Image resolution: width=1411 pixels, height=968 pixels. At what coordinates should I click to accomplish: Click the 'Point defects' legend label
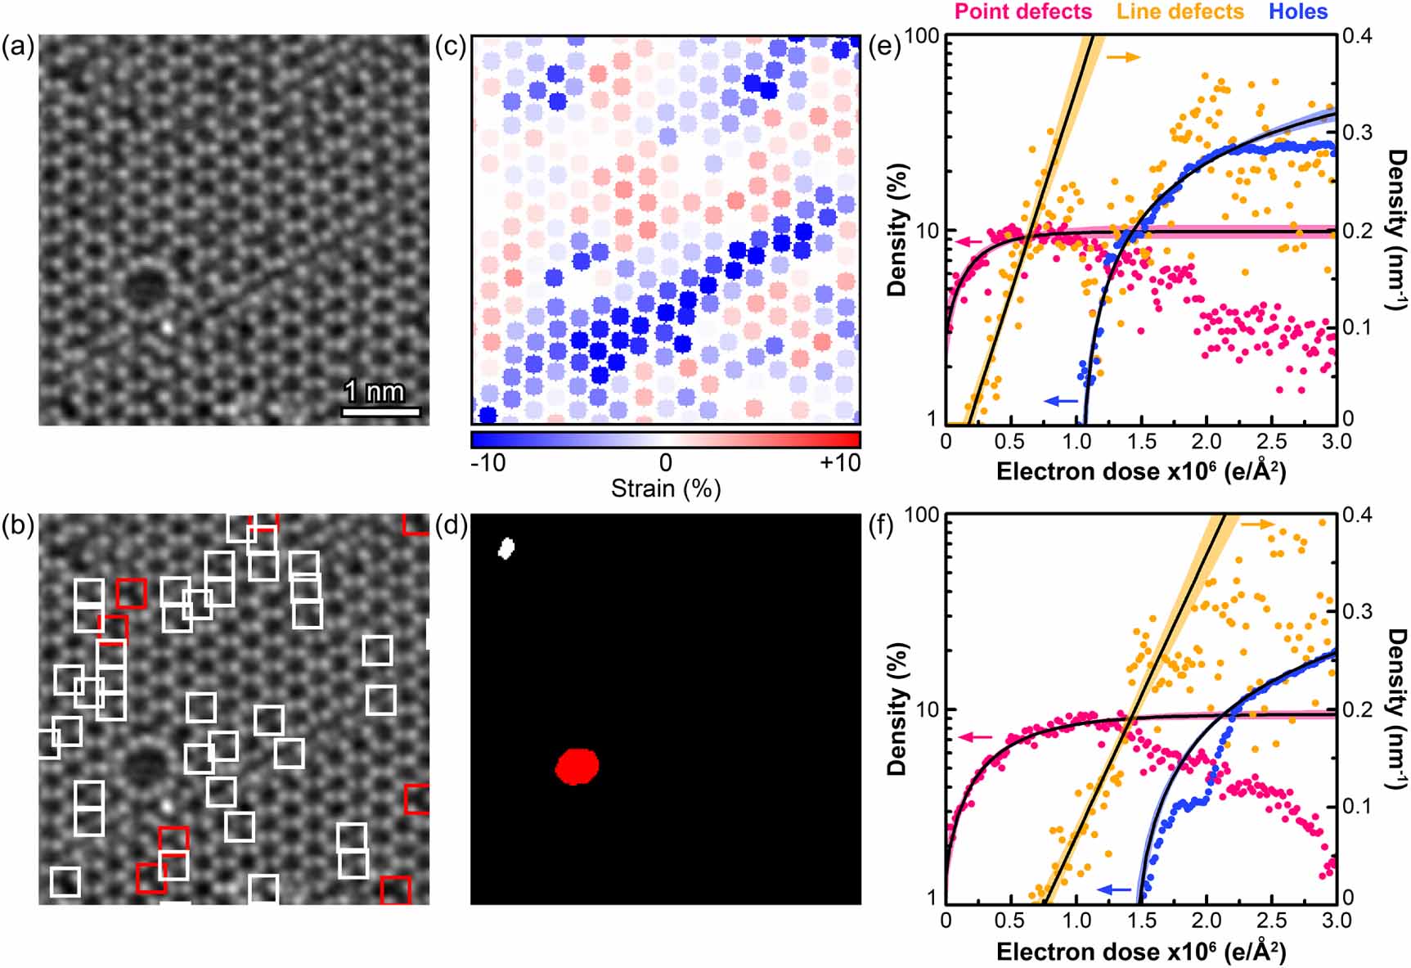pyautogui.click(x=1022, y=11)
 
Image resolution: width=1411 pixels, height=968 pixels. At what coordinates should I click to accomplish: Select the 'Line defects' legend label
pyautogui.click(x=1180, y=11)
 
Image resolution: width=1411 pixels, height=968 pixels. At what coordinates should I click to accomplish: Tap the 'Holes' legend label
pyautogui.click(x=1297, y=11)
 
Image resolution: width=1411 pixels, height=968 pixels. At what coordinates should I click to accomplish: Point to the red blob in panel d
pyautogui.click(x=577, y=766)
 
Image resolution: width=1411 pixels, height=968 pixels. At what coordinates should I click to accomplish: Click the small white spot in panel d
pyautogui.click(x=506, y=547)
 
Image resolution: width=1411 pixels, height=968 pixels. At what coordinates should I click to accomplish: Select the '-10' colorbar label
pyautogui.click(x=488, y=463)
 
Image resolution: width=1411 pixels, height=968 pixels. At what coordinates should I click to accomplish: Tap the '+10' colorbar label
pyautogui.click(x=840, y=463)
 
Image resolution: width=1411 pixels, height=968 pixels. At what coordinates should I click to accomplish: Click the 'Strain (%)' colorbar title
pyautogui.click(x=665, y=489)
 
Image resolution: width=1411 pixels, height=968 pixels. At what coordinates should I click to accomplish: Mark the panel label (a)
pyautogui.click(x=18, y=47)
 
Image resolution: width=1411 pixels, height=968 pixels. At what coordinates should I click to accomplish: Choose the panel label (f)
pyautogui.click(x=883, y=524)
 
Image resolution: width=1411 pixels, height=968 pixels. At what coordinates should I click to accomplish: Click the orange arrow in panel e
pyautogui.click(x=1123, y=56)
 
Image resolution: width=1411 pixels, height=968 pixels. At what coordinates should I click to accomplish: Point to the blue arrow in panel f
pyautogui.click(x=1114, y=889)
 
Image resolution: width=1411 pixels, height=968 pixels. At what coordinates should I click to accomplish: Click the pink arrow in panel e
pyautogui.click(x=968, y=241)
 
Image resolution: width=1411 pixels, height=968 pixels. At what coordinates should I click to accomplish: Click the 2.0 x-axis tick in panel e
pyautogui.click(x=1206, y=441)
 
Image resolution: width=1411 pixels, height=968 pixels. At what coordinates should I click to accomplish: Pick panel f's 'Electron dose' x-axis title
pyautogui.click(x=1140, y=952)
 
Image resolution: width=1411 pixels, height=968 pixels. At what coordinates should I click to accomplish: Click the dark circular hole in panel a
pyautogui.click(x=147, y=286)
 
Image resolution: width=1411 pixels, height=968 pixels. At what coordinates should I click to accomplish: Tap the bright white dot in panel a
pyautogui.click(x=167, y=326)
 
